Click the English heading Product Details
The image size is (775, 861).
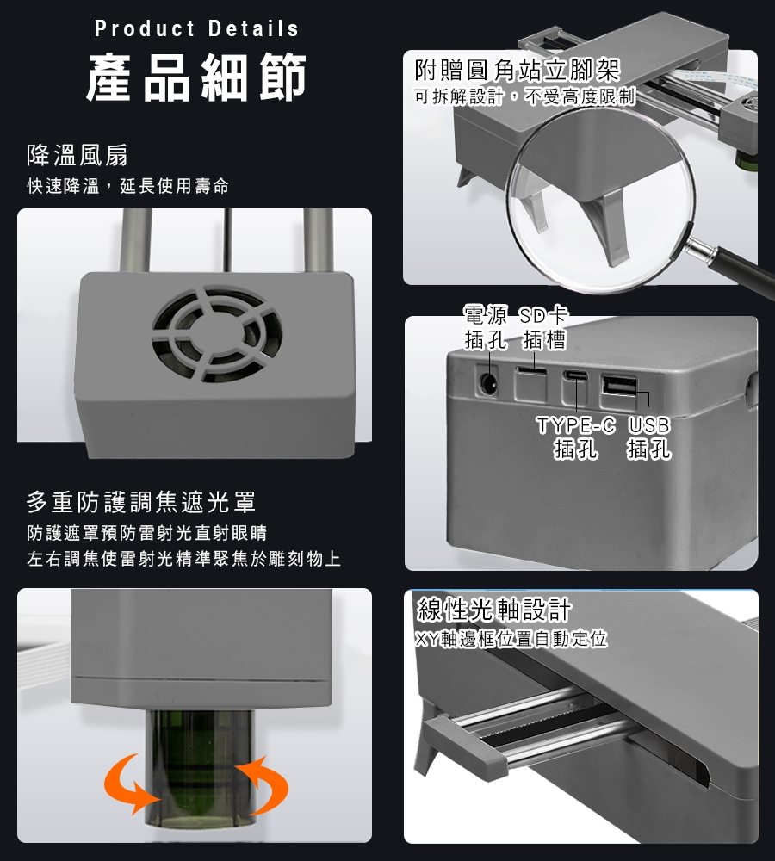click(196, 28)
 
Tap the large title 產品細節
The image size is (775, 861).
click(196, 77)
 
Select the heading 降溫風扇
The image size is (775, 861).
click(77, 155)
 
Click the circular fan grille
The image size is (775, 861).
click(218, 334)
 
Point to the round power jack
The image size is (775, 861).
click(488, 382)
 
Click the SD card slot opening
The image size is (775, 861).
click(531, 372)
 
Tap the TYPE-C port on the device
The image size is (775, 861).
click(574, 377)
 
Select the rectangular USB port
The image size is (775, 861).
click(619, 384)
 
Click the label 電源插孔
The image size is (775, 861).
click(486, 328)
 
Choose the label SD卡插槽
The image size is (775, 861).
click(543, 328)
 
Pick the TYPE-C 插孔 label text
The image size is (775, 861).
click(575, 437)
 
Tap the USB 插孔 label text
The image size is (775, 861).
click(648, 437)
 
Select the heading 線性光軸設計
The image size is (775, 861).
click(494, 609)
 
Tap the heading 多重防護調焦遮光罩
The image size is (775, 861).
click(141, 502)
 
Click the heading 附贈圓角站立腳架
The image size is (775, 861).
click(518, 71)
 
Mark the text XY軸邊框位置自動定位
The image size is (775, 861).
click(512, 639)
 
